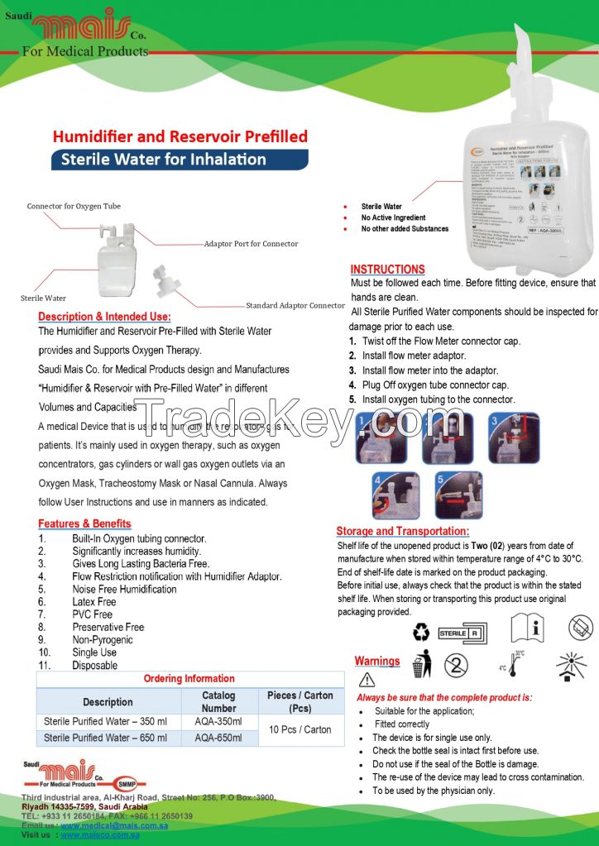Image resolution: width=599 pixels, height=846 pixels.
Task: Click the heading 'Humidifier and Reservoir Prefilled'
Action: click(180, 136)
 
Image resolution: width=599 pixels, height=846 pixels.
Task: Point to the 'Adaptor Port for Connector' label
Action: click(251, 244)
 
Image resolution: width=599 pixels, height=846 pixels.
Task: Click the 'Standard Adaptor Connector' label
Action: click(295, 305)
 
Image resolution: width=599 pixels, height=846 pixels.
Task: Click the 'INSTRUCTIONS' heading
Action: click(387, 270)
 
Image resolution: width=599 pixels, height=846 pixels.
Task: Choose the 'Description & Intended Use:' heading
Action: click(104, 317)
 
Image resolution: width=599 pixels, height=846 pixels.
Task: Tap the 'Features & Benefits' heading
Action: click(84, 523)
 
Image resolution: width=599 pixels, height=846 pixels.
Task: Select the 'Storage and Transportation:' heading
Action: click(402, 531)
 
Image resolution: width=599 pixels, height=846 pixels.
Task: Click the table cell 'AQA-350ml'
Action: click(218, 721)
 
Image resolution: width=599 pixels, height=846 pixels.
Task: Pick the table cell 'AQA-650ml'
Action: click(218, 738)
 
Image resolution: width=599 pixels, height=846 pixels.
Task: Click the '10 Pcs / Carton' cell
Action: click(299, 729)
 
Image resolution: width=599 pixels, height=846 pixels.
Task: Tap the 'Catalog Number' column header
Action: click(218, 701)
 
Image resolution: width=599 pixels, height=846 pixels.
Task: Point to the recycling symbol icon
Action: click(422, 633)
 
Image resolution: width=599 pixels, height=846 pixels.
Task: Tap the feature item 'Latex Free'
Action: click(93, 602)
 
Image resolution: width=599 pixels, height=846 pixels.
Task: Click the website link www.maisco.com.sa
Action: click(113, 836)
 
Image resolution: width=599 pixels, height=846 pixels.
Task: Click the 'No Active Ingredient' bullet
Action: click(393, 217)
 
